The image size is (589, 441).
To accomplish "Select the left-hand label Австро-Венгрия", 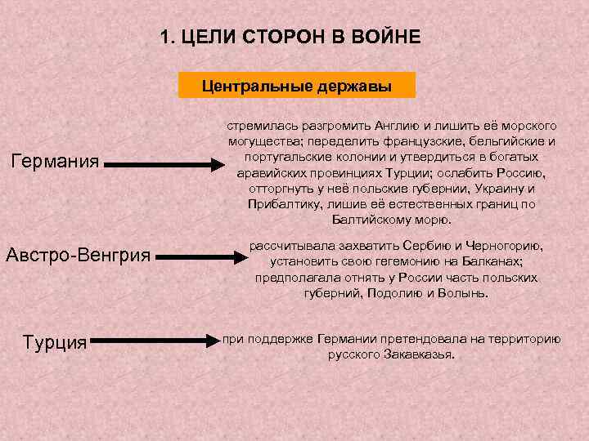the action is [78, 255].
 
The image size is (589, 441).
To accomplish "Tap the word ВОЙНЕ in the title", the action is [385, 37].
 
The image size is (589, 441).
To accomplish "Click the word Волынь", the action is [466, 292].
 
